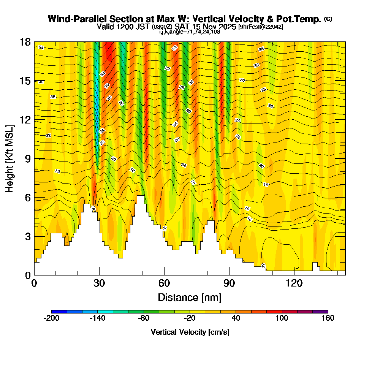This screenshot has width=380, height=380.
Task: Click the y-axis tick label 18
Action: point(25,42)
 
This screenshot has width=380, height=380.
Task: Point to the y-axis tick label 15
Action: point(25,81)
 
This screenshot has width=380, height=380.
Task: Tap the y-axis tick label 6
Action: point(27,197)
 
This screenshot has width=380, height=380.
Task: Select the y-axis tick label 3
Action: point(27,236)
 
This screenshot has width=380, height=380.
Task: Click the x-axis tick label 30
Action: point(99,283)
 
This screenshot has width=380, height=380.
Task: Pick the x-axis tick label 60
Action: point(164,283)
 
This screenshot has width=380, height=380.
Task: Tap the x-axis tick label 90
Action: point(229,283)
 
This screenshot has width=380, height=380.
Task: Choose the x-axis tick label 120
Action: point(294,283)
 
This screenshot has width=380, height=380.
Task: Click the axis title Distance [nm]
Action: point(190,297)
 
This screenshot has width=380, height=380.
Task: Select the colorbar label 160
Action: point(328,318)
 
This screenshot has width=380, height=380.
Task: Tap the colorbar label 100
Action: point(282,318)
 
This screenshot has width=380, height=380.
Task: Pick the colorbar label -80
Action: point(144,318)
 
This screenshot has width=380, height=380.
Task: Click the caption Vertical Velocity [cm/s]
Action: point(190,332)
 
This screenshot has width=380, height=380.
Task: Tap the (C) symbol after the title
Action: point(328,19)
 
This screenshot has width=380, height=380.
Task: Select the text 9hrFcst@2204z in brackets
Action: point(261,27)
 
